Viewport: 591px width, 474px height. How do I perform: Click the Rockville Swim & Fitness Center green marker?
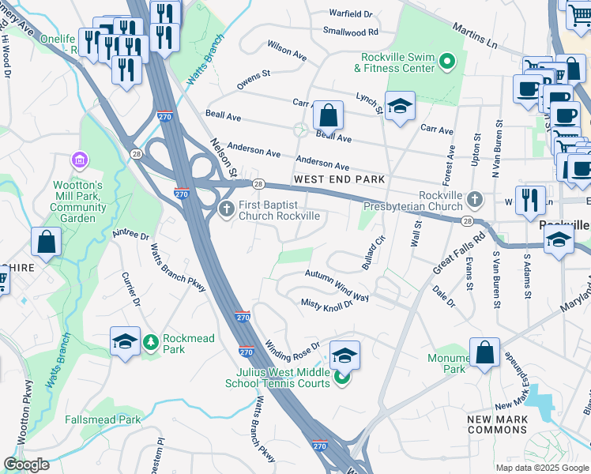click(x=447, y=61)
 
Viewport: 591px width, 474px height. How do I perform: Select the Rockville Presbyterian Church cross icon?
click(x=474, y=198)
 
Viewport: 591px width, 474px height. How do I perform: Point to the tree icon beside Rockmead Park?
click(x=151, y=342)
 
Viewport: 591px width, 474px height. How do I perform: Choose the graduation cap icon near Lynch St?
click(x=400, y=107)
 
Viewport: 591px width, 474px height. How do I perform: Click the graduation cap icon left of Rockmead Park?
click(x=125, y=341)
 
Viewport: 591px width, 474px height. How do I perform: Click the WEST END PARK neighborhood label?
click(x=339, y=180)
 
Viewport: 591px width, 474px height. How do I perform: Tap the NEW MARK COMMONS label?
click(x=497, y=424)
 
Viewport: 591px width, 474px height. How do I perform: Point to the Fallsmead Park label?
click(x=102, y=419)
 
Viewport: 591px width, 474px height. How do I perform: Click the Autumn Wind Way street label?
click(x=337, y=285)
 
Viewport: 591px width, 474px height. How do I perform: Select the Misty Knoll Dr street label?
click(x=326, y=304)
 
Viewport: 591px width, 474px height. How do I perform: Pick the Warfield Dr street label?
click(x=351, y=14)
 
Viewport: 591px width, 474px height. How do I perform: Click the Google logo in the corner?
click(x=26, y=465)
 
